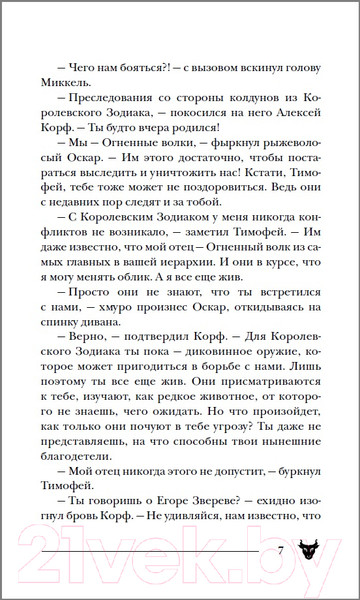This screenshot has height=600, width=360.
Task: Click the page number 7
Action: tap(282, 551)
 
